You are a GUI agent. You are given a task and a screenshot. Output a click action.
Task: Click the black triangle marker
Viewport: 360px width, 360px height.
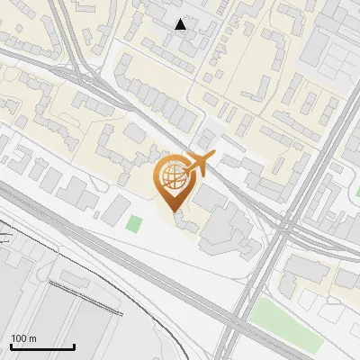(181, 24)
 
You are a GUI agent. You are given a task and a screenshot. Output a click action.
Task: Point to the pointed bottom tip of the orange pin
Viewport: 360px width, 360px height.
(175, 211)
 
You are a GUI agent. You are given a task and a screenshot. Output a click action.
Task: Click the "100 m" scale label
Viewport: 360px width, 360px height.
(23, 338)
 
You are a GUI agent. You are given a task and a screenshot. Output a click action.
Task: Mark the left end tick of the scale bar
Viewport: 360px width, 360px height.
(11, 346)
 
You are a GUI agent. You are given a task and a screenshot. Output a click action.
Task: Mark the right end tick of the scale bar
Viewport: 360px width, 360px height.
(74, 346)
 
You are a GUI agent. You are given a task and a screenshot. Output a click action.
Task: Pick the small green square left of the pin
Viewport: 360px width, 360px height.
(134, 223)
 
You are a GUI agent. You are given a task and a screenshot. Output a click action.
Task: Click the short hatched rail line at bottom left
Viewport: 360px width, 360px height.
(85, 296)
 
